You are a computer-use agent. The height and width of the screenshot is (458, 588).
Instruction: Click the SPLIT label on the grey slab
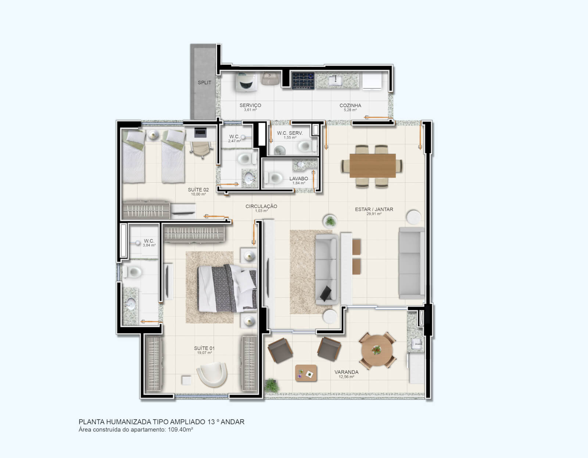tap(204, 82)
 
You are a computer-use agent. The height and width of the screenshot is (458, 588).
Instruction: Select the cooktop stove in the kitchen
tap(303, 81)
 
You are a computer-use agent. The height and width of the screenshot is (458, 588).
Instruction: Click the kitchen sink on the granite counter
tap(335, 80)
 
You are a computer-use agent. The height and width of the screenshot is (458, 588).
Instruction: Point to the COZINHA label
tap(350, 105)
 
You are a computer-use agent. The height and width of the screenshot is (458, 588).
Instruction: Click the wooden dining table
tap(372, 166)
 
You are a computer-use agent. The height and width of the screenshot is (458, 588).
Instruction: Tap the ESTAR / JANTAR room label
tap(374, 209)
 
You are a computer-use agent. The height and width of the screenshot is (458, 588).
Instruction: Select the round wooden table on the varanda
tap(377, 350)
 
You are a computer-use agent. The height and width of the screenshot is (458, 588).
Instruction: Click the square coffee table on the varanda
tap(306, 373)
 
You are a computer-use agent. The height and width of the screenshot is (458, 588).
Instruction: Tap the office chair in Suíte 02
tap(201, 149)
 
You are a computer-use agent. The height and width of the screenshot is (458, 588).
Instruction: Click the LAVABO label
tap(298, 178)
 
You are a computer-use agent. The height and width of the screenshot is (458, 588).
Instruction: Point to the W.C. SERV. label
tap(290, 133)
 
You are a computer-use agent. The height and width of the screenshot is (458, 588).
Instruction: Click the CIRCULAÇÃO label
tap(261, 206)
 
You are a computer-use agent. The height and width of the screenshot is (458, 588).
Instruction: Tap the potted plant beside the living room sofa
tap(330, 221)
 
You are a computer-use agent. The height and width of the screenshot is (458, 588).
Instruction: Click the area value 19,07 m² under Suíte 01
tap(204, 353)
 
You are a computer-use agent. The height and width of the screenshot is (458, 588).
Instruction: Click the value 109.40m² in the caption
tap(180, 429)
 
